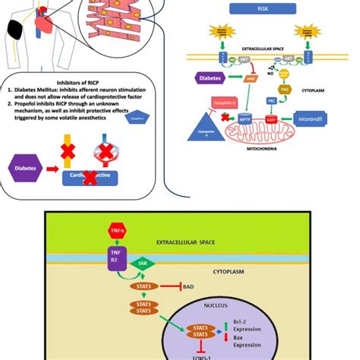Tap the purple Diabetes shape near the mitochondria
(x=212, y=77)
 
